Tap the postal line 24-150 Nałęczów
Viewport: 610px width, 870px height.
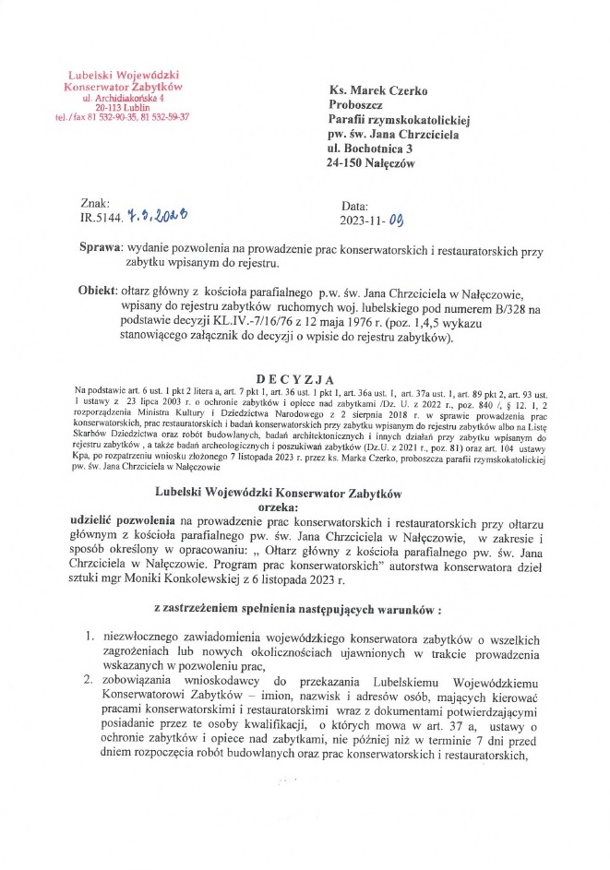click(x=371, y=163)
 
